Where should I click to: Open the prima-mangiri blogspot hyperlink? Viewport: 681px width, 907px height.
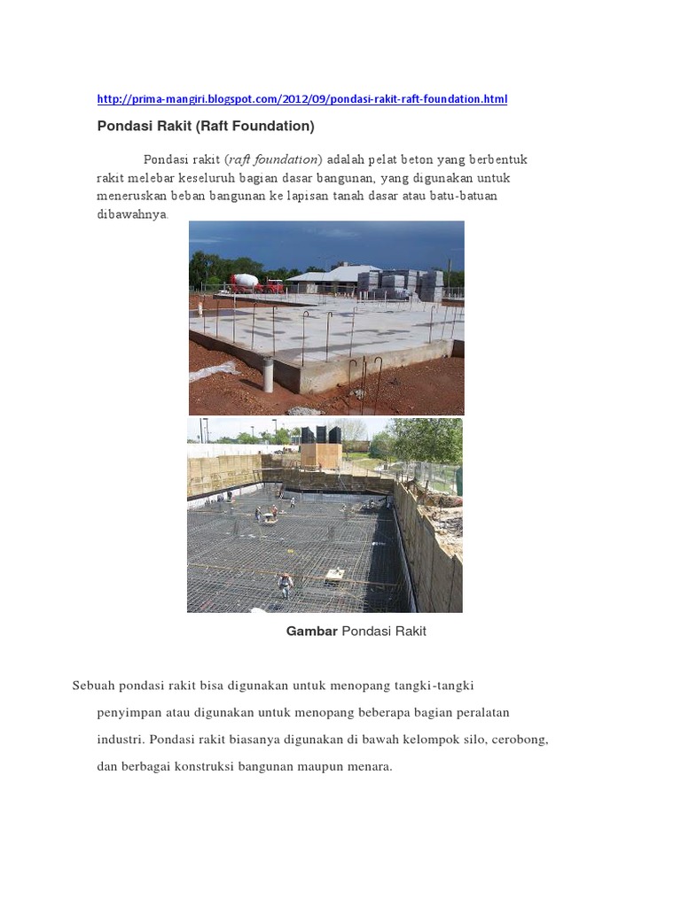[x=301, y=99]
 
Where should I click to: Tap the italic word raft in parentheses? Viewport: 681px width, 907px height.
[x=239, y=159]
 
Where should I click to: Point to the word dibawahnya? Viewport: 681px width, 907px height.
[x=131, y=214]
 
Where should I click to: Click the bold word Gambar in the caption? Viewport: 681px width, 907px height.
[x=311, y=632]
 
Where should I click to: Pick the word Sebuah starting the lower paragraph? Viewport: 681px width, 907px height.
[x=92, y=686]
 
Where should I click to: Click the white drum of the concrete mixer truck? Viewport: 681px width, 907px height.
[x=246, y=281]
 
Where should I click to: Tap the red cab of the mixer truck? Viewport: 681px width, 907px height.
[x=273, y=285]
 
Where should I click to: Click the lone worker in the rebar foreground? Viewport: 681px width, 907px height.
[x=285, y=584]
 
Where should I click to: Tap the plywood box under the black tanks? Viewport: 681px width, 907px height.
[x=321, y=455]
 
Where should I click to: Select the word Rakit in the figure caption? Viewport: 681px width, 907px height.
[x=409, y=632]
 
